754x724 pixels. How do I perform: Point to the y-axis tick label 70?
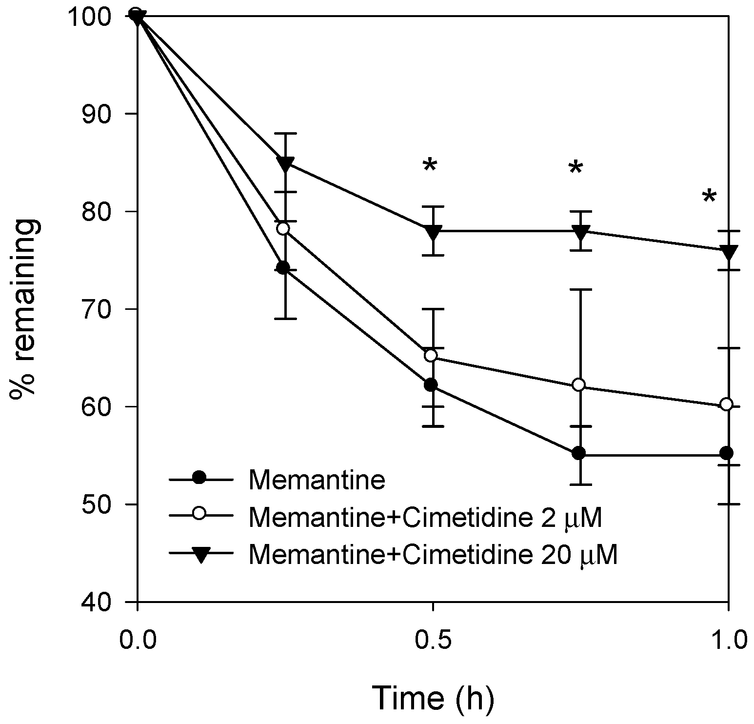click(106, 309)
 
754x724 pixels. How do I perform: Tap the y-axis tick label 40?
click(106, 602)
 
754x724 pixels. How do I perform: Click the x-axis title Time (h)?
click(433, 698)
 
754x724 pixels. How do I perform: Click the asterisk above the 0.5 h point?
click(430, 166)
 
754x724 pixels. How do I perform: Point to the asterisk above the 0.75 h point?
click(575, 168)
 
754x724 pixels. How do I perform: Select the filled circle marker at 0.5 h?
click(431, 385)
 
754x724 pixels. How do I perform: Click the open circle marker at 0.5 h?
click(431, 355)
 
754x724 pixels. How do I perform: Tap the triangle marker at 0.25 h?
click(285, 163)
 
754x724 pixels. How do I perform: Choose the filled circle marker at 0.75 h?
click(578, 453)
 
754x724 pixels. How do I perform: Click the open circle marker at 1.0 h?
click(726, 404)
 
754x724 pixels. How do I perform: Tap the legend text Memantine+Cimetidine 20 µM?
click(433, 555)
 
